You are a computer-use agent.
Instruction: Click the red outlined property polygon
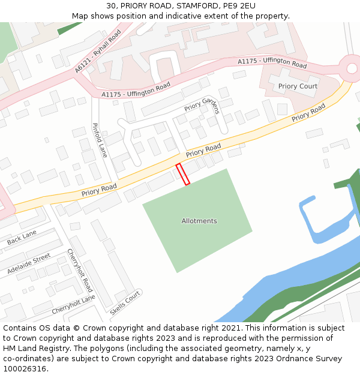183,174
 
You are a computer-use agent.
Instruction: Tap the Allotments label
199,221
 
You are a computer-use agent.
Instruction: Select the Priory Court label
298,86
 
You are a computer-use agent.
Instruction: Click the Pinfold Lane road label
99,140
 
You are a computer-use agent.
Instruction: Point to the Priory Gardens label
202,105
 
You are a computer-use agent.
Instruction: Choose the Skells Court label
125,303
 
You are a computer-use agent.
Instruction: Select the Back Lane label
22,238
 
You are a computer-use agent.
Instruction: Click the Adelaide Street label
29,263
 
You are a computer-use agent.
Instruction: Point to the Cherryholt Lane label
73,304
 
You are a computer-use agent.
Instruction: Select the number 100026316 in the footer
25,369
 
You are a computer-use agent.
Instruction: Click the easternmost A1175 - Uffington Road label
272,62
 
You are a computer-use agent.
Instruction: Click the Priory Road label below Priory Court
308,113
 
